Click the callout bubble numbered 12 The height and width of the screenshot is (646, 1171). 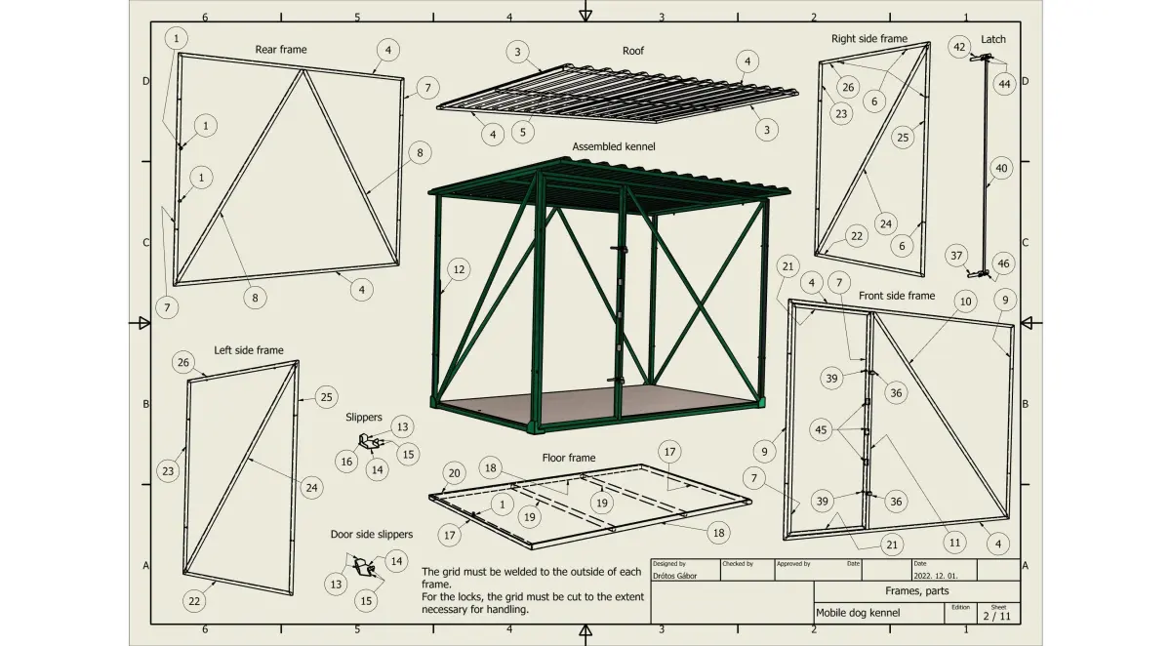(x=459, y=269)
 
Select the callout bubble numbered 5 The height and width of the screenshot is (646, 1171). (x=523, y=133)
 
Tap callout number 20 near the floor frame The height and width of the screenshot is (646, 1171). (x=454, y=473)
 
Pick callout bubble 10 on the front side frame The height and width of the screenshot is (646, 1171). (x=965, y=302)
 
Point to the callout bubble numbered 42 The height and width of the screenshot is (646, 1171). (x=959, y=47)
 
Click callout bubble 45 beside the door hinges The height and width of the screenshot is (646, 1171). (x=821, y=430)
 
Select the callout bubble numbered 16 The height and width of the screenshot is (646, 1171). (x=346, y=462)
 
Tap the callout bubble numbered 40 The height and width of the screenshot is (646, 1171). (x=1001, y=168)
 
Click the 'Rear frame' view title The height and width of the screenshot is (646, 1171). (x=281, y=50)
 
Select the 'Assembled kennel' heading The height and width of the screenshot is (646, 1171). (x=613, y=147)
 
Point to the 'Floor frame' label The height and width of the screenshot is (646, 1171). (x=569, y=458)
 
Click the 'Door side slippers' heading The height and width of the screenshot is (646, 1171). (x=371, y=534)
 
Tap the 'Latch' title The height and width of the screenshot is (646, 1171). (x=992, y=39)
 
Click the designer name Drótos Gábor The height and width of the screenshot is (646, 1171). (x=675, y=576)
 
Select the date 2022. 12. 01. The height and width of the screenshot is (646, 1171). (x=936, y=576)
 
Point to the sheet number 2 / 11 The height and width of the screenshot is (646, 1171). (x=997, y=616)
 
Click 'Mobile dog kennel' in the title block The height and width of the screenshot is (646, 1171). (x=858, y=613)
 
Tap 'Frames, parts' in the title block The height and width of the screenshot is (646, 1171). (x=917, y=591)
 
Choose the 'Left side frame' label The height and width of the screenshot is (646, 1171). (x=249, y=350)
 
